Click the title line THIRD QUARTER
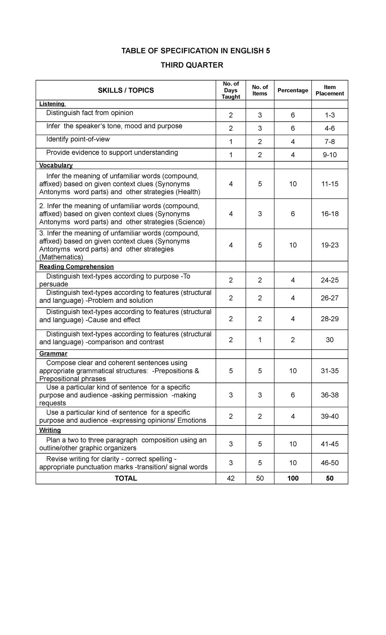[192, 65]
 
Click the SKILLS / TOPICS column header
[126, 91]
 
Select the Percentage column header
[293, 91]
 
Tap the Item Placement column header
[329, 90]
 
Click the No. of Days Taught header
[231, 90]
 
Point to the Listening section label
[52, 104]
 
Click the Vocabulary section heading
[56, 165]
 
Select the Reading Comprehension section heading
[76, 267]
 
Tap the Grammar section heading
[53, 354]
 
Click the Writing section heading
[50, 430]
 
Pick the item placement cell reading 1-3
[330, 115]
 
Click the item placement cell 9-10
[330, 155]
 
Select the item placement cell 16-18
[330, 214]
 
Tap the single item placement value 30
[330, 340]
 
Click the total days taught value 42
[231, 478]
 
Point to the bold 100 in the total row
[293, 478]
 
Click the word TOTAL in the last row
[126, 478]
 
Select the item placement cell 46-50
[330, 463]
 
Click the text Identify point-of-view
[78, 139]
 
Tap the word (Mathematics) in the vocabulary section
[61, 257]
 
